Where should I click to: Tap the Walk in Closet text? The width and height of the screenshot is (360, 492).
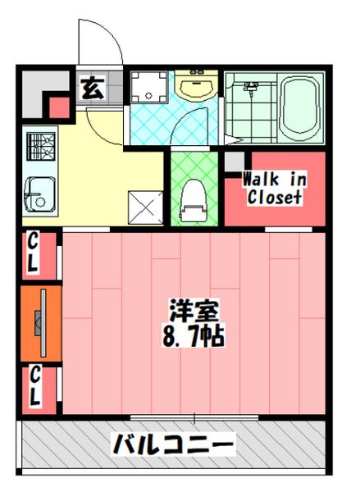tap(273, 189)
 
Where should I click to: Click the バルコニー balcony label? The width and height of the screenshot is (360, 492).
tap(174, 446)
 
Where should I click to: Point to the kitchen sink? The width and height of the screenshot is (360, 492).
tap(38, 194)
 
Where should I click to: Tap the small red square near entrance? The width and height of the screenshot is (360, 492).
tap(59, 106)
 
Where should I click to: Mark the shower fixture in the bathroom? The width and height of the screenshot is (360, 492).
tap(250, 86)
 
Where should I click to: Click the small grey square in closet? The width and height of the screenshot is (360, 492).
tap(235, 162)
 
